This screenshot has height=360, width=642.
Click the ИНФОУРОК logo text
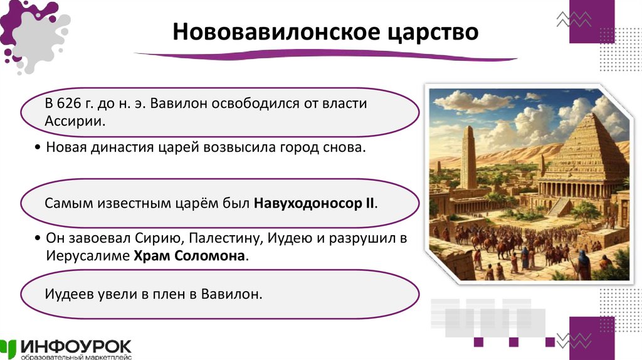(x=75, y=346)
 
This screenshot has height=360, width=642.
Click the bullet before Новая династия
(x=39, y=149)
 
